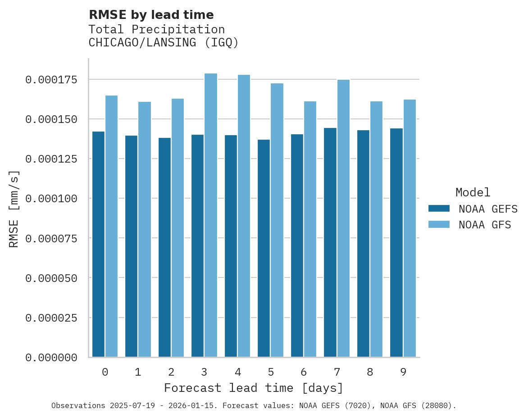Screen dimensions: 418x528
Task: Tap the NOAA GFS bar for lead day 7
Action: point(343,218)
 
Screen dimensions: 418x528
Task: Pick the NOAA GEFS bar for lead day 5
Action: point(264,248)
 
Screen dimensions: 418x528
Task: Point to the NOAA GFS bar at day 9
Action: point(410,228)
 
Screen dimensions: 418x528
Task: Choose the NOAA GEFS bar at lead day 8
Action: point(363,244)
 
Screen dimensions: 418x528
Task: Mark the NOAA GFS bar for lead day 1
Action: point(145,229)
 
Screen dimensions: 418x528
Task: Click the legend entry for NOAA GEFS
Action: point(485,209)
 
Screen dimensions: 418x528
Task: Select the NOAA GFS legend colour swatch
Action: point(438,224)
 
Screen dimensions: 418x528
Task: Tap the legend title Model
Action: point(473,192)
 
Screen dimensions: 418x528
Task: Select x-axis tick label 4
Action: point(237,372)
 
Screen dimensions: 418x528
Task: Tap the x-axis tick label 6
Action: point(304,372)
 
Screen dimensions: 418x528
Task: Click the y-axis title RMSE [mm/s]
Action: point(14,209)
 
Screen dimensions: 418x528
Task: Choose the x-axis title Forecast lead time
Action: point(254,388)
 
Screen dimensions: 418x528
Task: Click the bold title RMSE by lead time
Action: point(151,15)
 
